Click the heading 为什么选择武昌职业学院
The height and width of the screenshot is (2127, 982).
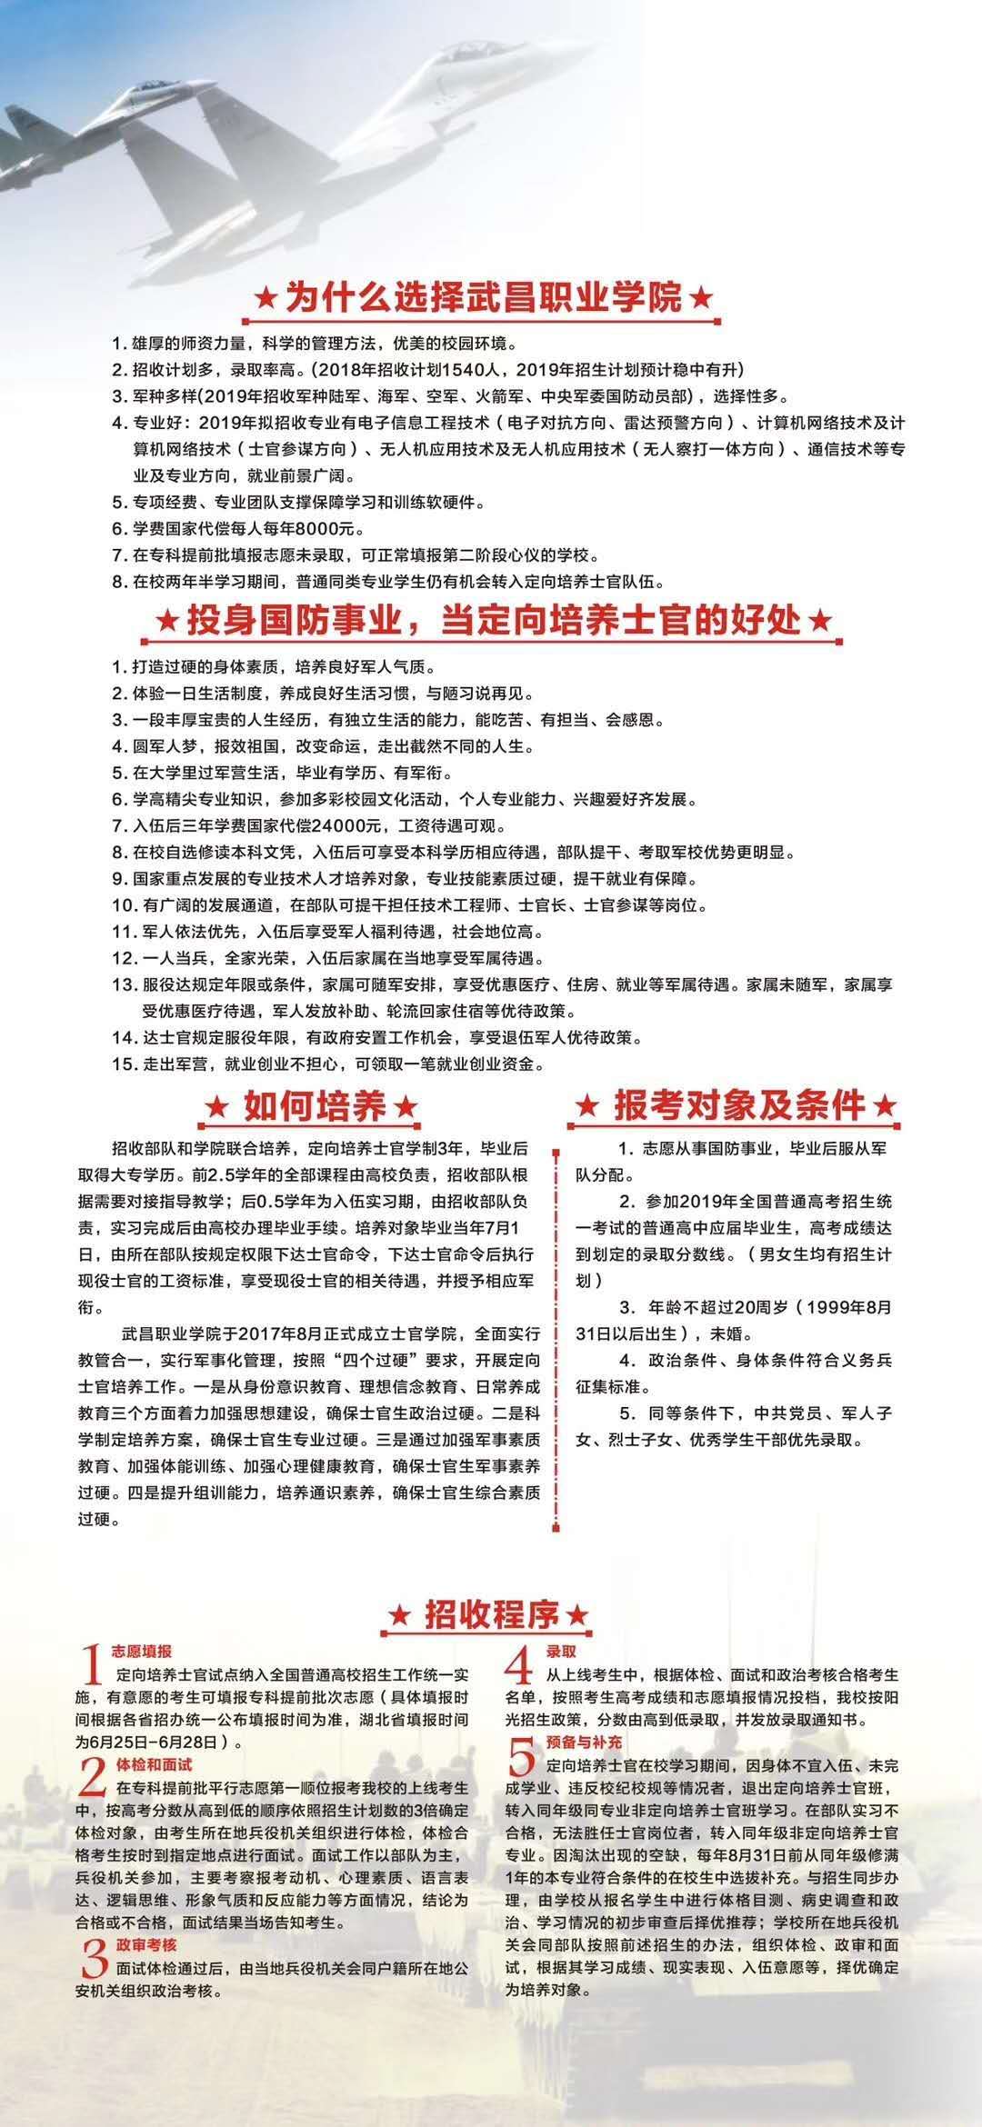(x=483, y=297)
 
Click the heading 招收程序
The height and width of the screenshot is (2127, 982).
(x=488, y=1614)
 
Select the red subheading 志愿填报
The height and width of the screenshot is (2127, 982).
(x=141, y=1650)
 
